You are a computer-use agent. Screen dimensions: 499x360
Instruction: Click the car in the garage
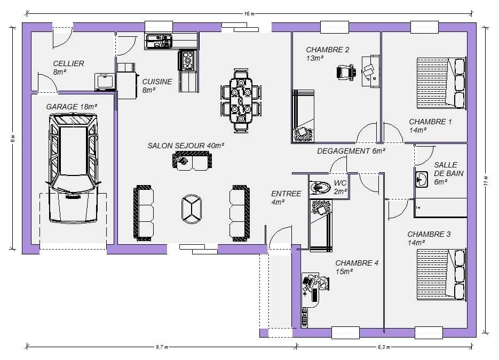[x=73, y=168]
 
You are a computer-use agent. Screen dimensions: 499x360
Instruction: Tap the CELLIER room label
[x=68, y=63]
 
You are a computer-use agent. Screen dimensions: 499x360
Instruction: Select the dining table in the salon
[x=241, y=100]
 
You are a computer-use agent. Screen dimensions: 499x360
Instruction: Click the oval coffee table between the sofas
[x=191, y=209]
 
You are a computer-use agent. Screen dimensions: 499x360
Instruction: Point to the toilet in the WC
[x=320, y=186]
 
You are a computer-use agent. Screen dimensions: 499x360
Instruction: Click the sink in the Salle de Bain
[x=422, y=179]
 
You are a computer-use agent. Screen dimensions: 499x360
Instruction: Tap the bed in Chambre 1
[x=441, y=83]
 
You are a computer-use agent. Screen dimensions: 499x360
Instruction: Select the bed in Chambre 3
[x=441, y=275]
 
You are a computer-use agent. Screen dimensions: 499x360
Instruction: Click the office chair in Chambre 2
[x=346, y=72]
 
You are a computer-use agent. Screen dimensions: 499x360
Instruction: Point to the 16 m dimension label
[x=250, y=14]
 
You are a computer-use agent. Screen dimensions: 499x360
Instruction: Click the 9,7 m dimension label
[x=162, y=347]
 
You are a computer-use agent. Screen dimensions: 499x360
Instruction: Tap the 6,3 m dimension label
[x=384, y=347]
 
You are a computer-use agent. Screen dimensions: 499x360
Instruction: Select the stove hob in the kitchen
[x=188, y=60]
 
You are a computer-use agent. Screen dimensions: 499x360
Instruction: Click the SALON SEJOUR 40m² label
[x=186, y=146]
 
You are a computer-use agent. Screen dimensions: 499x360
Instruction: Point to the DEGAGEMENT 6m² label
[x=351, y=151]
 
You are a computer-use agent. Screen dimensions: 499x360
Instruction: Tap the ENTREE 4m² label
[x=286, y=198]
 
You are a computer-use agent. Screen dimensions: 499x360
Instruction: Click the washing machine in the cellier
[x=105, y=82]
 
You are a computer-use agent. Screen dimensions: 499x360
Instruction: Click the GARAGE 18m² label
[x=72, y=107]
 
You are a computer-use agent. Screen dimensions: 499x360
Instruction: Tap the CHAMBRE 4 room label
[x=357, y=263]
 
